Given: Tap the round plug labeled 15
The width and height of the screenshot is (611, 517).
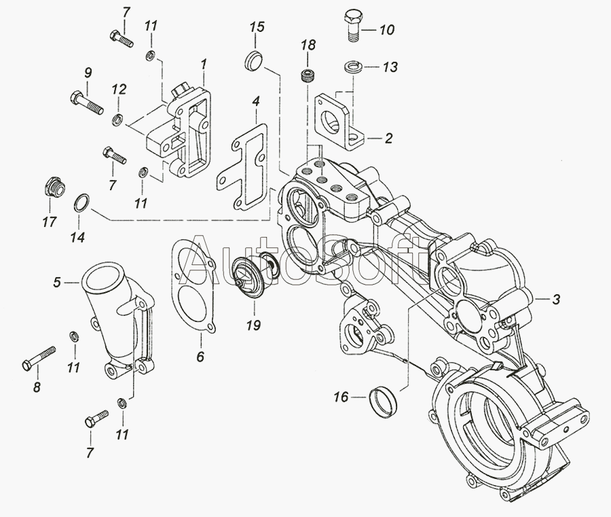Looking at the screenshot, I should pyautogui.click(x=253, y=60).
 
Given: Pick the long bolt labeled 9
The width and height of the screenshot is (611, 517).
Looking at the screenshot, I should pyautogui.click(x=86, y=102).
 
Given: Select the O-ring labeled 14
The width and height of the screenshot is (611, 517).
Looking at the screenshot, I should pyautogui.click(x=80, y=202).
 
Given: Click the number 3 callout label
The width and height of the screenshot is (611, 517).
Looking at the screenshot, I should pyautogui.click(x=555, y=300).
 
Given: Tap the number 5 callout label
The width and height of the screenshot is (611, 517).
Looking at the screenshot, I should pyautogui.click(x=58, y=281).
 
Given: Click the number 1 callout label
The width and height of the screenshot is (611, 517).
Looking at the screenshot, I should pyautogui.click(x=203, y=64).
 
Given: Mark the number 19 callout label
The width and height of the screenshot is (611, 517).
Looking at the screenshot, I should pyautogui.click(x=253, y=325).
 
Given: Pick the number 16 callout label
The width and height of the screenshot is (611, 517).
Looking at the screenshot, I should pyautogui.click(x=341, y=397).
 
